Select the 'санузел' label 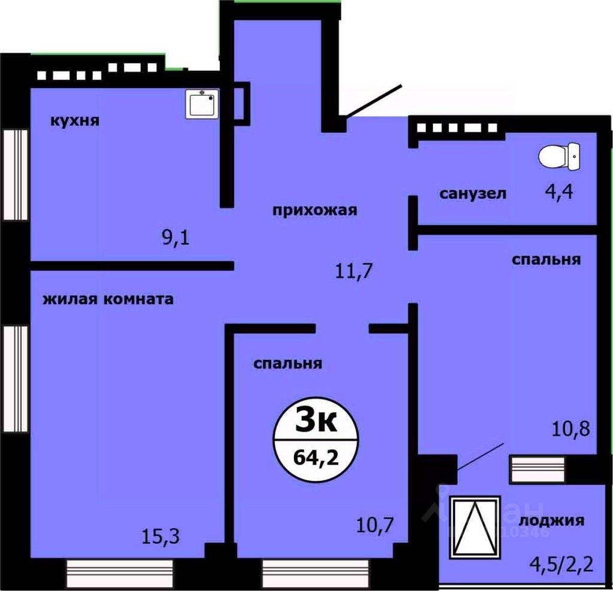[473, 193]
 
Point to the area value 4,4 [560, 193]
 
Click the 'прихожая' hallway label [314, 210]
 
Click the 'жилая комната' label [108, 299]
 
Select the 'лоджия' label [551, 520]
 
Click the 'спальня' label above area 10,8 [546, 259]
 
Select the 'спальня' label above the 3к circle [287, 363]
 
